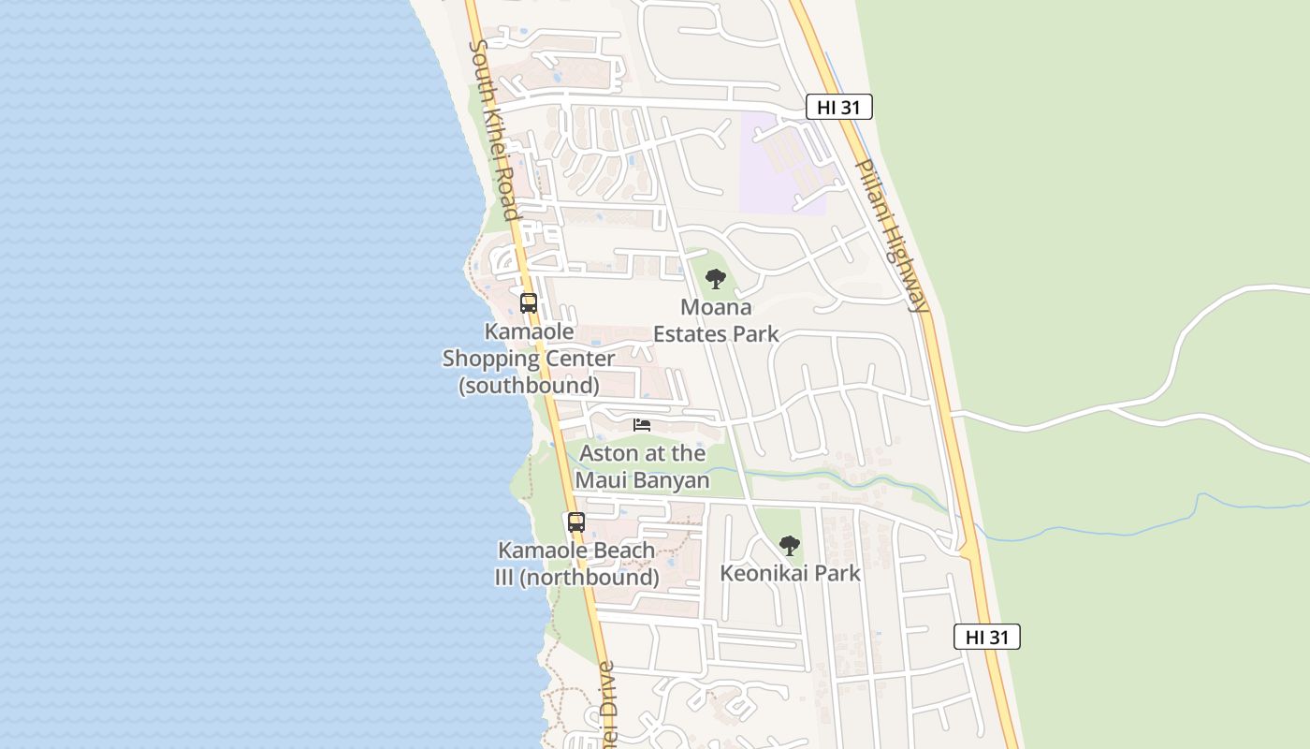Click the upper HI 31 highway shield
[838, 108]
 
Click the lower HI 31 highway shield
[986, 638]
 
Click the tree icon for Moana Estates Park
[716, 279]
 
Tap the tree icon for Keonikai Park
[790, 546]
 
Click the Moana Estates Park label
[716, 320]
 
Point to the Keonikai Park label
[790, 573]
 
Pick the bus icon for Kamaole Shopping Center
[529, 303]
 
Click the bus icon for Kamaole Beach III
[576, 522]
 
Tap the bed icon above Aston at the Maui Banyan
[642, 425]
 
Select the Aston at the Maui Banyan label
[642, 466]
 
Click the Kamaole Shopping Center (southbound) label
[529, 358]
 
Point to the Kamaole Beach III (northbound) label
[576, 564]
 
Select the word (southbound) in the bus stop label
[529, 385]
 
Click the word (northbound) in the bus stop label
[589, 578]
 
